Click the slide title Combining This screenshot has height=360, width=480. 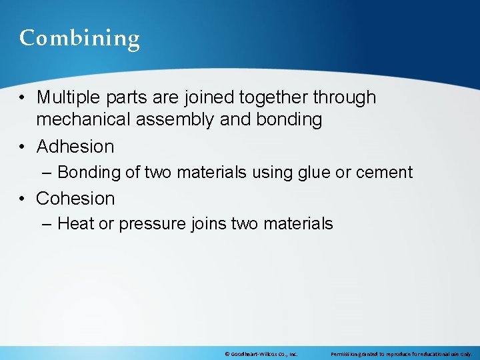coord(79,39)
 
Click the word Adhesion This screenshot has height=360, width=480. coord(75,146)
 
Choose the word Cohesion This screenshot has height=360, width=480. coord(75,199)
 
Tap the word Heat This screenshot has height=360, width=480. coord(75,224)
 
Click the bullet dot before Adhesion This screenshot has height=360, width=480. coord(23,147)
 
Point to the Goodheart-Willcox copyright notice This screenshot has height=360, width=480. coord(261,354)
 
